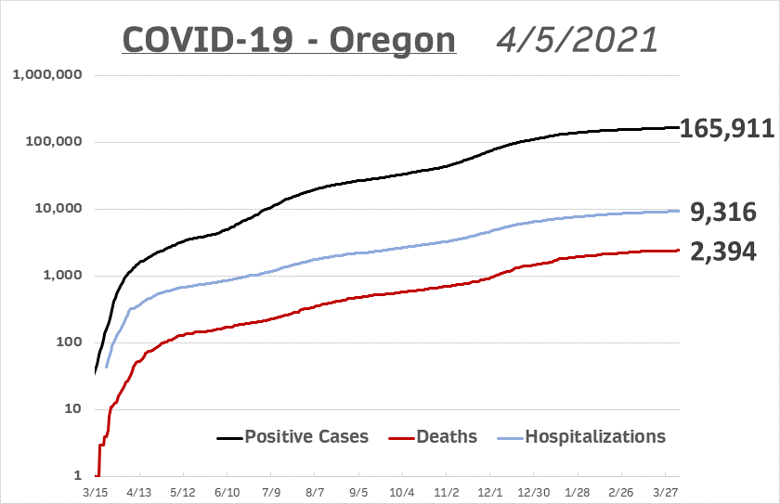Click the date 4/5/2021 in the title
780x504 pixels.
coord(577,40)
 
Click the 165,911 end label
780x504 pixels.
coord(727,128)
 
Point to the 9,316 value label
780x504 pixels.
coord(722,213)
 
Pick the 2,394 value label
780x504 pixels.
coord(722,250)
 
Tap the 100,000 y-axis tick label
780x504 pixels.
coord(53,142)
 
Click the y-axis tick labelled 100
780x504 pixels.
coord(67,342)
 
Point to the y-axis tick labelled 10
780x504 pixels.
coord(71,409)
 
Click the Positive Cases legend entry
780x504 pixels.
coord(292,436)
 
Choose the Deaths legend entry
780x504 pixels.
coord(438,436)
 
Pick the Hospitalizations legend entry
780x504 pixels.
coord(582,436)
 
